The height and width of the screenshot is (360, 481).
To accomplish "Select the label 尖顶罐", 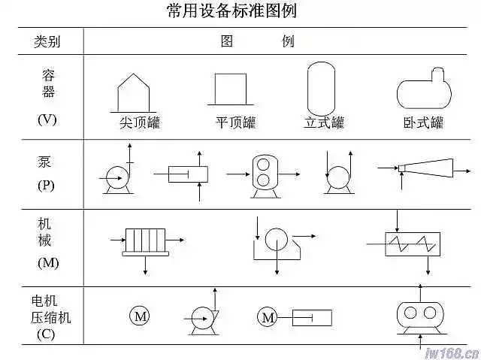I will click(140, 122).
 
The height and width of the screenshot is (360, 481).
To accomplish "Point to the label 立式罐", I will click(324, 122).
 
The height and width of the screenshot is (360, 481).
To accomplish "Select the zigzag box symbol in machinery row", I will click(413, 243).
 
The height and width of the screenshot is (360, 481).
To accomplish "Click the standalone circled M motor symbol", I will click(141, 316).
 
